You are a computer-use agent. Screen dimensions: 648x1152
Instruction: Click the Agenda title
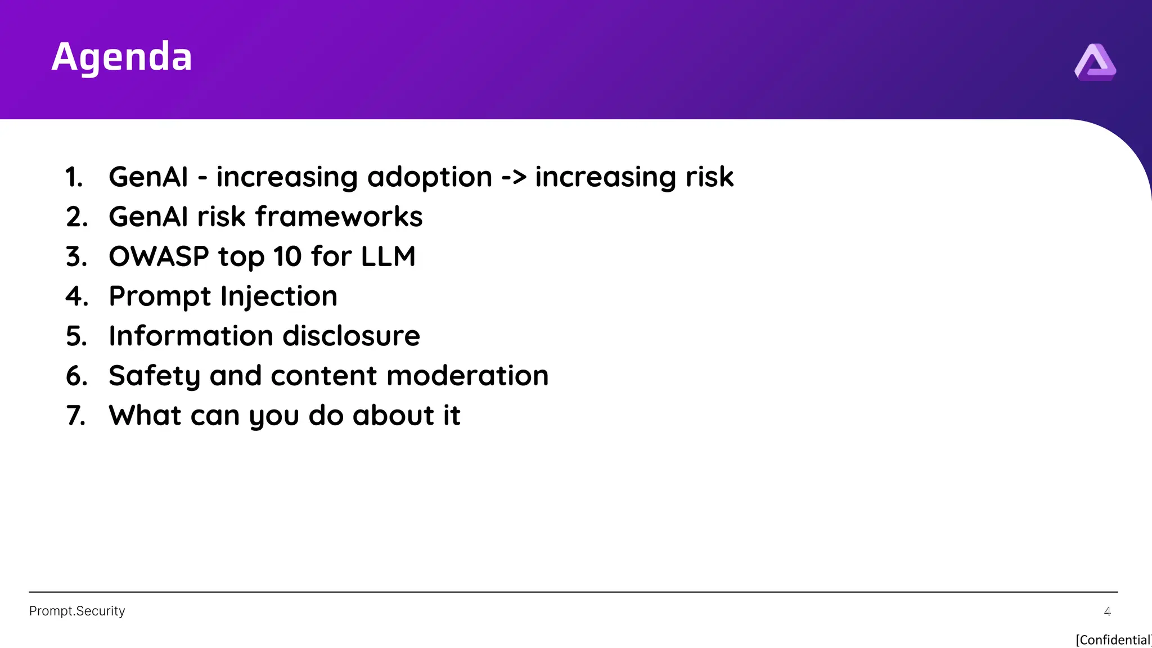coord(121,57)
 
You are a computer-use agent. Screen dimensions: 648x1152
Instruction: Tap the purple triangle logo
coord(1095,62)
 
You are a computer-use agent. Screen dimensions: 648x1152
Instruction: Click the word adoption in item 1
coord(430,177)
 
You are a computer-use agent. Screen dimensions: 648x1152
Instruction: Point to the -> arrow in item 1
coord(514,178)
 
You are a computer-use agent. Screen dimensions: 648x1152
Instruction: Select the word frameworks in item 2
coord(339,217)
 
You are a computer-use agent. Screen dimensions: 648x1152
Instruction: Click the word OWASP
coord(159,257)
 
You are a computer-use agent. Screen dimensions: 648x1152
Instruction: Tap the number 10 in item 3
coord(287,257)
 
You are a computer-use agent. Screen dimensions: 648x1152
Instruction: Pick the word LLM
coord(388,257)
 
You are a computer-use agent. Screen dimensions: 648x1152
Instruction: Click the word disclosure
coord(351,336)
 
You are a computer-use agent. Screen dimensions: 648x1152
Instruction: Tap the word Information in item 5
coord(191,336)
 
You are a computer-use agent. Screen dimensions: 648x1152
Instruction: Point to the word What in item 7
coord(145,416)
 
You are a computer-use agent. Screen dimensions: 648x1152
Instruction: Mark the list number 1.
coord(74,178)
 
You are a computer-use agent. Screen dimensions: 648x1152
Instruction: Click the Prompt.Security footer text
coord(77,611)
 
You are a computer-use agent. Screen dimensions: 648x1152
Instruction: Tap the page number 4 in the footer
coord(1107,611)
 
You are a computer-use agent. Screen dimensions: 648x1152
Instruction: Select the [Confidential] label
coord(1113,640)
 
